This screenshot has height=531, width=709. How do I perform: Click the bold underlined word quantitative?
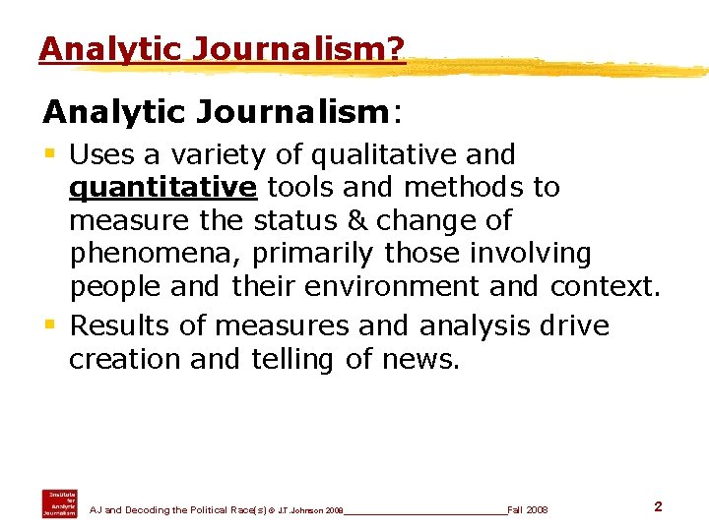coord(163,187)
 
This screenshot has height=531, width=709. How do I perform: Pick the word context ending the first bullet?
coord(605,287)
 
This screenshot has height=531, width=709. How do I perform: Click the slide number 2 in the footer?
coord(658,506)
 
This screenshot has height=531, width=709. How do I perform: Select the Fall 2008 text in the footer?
coord(528,510)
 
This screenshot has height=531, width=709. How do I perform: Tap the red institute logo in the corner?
coord(59,502)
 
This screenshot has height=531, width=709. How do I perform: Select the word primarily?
coord(313,254)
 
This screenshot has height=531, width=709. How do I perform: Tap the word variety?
coord(202,154)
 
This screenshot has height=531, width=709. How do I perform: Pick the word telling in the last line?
coord(292,359)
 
